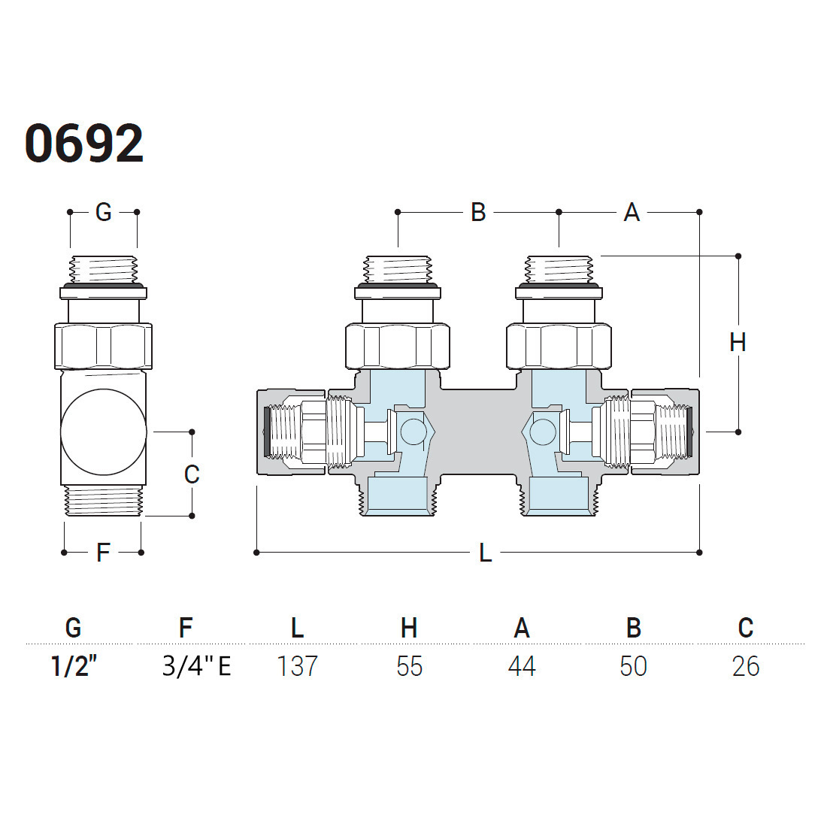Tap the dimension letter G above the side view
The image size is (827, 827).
[x=104, y=212]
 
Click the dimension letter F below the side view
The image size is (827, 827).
[x=104, y=553]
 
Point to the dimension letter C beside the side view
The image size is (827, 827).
[x=192, y=474]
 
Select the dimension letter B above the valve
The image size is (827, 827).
[x=478, y=212]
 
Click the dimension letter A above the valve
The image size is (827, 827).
[x=632, y=212]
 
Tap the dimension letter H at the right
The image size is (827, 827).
[x=738, y=343]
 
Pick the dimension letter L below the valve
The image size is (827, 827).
[x=485, y=553]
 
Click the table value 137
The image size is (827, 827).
[x=297, y=666]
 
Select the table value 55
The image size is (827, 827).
[x=409, y=666]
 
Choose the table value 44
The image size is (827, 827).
[x=522, y=666]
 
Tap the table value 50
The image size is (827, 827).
[x=634, y=666]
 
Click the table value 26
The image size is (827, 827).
[x=746, y=666]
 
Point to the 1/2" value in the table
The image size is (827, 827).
[x=74, y=665]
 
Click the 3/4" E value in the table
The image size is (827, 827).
[x=197, y=665]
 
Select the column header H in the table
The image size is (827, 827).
[x=409, y=628]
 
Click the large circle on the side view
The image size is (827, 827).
[x=104, y=432]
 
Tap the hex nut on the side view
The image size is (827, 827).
[x=104, y=346]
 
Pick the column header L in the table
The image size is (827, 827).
[x=298, y=628]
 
